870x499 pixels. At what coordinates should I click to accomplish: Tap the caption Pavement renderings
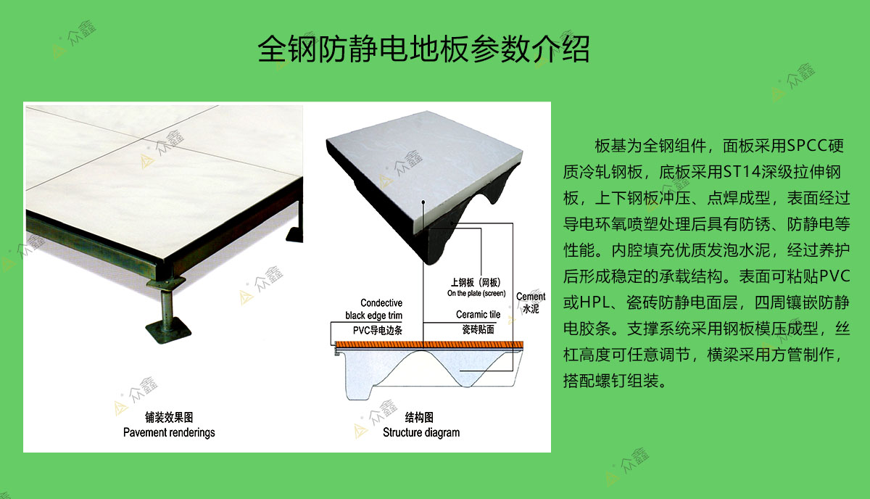coord(169,432)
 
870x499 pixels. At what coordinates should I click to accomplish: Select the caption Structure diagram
coord(421,432)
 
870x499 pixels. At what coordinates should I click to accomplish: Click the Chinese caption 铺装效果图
coord(168,418)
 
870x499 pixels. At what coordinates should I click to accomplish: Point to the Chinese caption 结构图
coord(419,418)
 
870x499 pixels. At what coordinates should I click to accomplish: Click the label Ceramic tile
coord(478,315)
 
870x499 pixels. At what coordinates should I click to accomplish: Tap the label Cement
coord(531,297)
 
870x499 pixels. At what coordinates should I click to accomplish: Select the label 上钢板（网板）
coord(475,283)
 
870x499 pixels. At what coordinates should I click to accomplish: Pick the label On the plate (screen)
coord(476,294)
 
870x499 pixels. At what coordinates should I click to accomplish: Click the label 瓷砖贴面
coord(478,329)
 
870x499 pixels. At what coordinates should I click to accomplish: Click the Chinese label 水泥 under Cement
coord(531,309)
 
